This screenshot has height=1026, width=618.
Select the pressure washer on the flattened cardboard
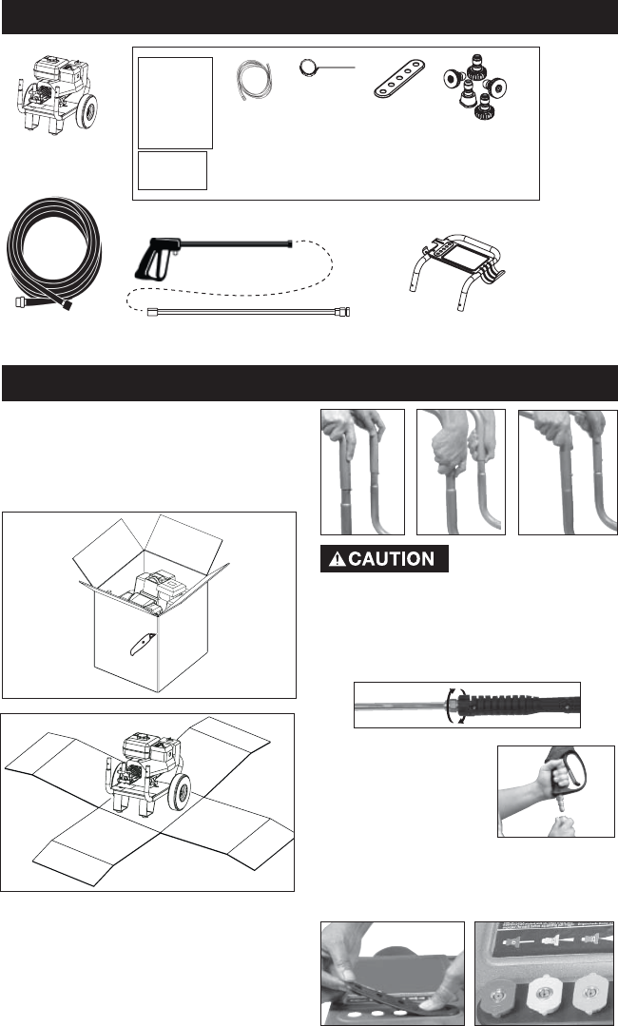pyautogui.click(x=146, y=770)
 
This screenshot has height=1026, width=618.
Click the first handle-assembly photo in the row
pyautogui.click(x=362, y=472)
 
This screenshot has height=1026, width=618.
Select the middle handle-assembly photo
pyautogui.click(x=460, y=472)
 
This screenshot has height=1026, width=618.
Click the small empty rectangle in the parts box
pyautogui.click(x=173, y=171)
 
